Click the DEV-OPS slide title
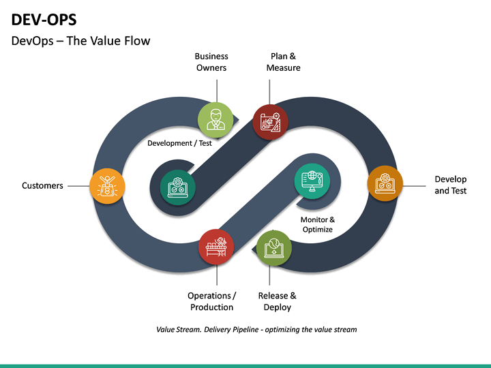tap(44, 20)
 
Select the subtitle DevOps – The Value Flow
tap(81, 41)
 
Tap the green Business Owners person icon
tap(216, 117)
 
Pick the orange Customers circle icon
tap(108, 185)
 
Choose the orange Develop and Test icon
tap(385, 183)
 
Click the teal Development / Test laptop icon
tap(177, 186)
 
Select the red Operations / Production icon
tap(216, 246)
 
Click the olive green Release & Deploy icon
tap(273, 247)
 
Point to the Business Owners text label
tap(211, 62)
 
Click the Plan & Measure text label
tap(283, 62)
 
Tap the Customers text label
tap(42, 185)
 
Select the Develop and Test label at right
tap(451, 185)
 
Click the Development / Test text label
tap(179, 143)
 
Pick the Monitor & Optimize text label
tap(318, 225)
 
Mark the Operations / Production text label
tap(211, 301)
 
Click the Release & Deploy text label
tap(278, 301)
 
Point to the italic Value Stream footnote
tap(256, 329)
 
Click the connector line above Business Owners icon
tap(217, 89)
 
